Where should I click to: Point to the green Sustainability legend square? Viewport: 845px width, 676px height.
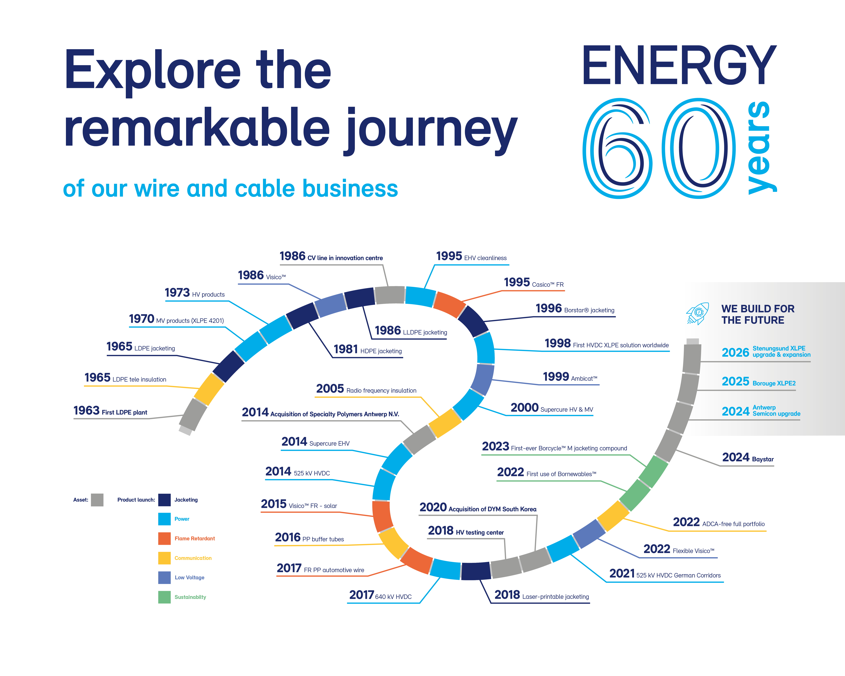click(x=164, y=597)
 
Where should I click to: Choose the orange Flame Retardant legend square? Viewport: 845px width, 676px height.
click(x=164, y=538)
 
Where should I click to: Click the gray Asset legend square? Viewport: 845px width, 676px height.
click(x=97, y=500)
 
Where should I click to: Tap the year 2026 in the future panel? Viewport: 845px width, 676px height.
click(x=735, y=352)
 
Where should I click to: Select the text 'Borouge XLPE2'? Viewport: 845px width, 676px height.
click(x=774, y=383)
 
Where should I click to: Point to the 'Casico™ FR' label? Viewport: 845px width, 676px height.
click(x=548, y=284)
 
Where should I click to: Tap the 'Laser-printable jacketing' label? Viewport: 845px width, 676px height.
click(x=555, y=596)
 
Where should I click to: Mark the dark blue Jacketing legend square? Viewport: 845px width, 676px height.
click(x=164, y=500)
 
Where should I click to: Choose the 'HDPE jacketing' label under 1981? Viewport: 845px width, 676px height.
click(x=381, y=351)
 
